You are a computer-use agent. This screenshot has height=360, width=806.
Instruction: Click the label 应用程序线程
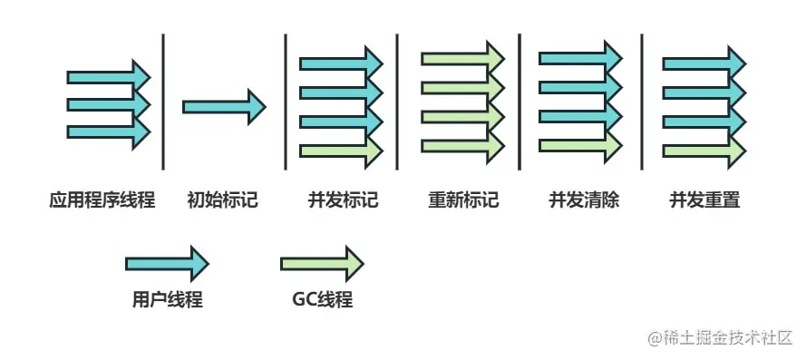(x=102, y=200)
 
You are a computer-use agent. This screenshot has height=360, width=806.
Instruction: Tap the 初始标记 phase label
(x=223, y=200)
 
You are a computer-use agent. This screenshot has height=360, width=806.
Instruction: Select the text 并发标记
(x=343, y=200)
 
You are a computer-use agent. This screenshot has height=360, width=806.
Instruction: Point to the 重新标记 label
(x=462, y=200)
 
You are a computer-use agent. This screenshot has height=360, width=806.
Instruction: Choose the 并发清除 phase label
(x=583, y=200)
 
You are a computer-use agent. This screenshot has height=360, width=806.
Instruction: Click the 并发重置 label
(x=704, y=200)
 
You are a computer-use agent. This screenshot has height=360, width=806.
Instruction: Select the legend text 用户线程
(x=167, y=300)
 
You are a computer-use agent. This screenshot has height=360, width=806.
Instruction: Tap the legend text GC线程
(x=323, y=300)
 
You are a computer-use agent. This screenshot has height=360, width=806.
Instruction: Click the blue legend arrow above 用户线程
(x=167, y=264)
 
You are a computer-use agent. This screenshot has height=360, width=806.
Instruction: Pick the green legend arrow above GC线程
(x=323, y=264)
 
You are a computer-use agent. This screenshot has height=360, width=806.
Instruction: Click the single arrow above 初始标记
(x=223, y=107)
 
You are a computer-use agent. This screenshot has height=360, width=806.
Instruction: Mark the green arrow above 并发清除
(x=580, y=145)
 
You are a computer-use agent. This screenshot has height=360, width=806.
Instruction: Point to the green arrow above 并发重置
(x=704, y=145)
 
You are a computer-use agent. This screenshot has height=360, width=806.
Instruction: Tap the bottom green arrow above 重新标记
(x=462, y=145)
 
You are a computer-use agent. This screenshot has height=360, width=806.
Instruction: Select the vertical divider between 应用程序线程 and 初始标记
(x=163, y=101)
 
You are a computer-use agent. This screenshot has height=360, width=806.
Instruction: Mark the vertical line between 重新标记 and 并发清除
(x=520, y=101)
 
